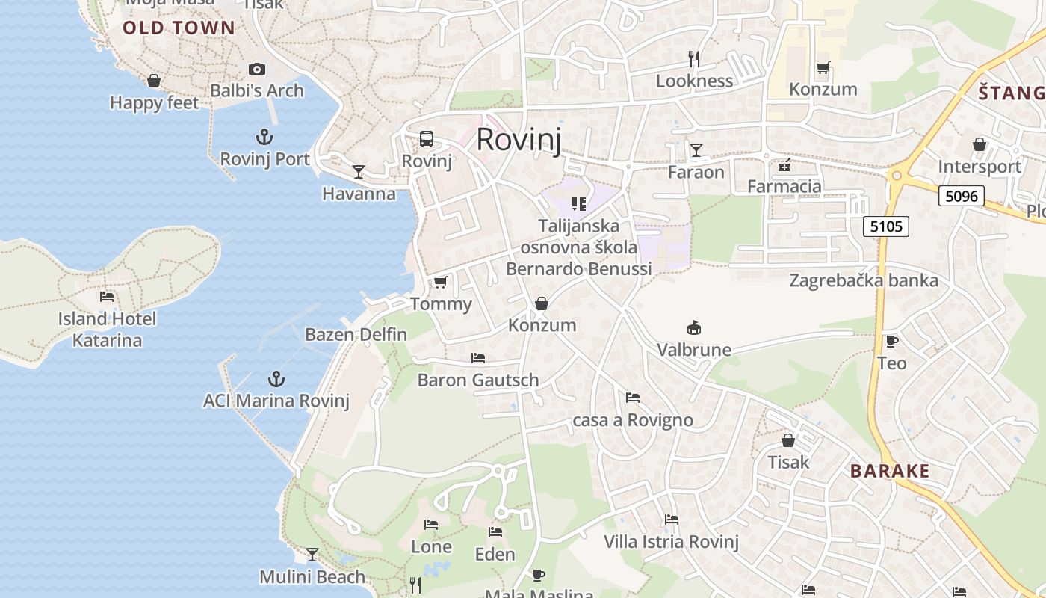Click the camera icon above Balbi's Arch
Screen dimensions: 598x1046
coord(257,69)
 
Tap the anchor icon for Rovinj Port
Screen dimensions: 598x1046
coord(264,137)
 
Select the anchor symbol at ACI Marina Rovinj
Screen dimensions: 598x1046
coord(276,379)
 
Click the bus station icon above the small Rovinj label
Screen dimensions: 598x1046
coord(427,139)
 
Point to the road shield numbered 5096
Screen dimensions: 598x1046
coord(961,197)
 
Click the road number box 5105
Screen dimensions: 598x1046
coord(886,226)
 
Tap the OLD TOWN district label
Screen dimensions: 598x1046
coord(179,28)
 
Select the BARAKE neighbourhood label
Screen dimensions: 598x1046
coord(890,471)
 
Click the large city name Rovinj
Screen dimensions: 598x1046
coord(519,140)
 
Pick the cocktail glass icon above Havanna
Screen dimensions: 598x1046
coord(359,172)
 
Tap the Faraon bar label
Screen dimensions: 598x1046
coord(696,172)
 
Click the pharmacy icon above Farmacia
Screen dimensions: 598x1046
coord(784,165)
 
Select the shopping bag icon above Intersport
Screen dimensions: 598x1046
coord(979,144)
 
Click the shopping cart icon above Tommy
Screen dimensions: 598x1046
coord(441,282)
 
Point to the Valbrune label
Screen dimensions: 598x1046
coord(694,349)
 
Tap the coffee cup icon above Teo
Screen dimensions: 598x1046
coord(891,342)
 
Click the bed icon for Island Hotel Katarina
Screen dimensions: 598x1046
coord(107,297)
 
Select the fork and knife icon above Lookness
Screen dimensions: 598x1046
coord(694,58)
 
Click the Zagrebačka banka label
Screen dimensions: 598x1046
coord(864,280)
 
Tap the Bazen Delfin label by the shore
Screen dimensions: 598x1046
coord(356,334)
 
